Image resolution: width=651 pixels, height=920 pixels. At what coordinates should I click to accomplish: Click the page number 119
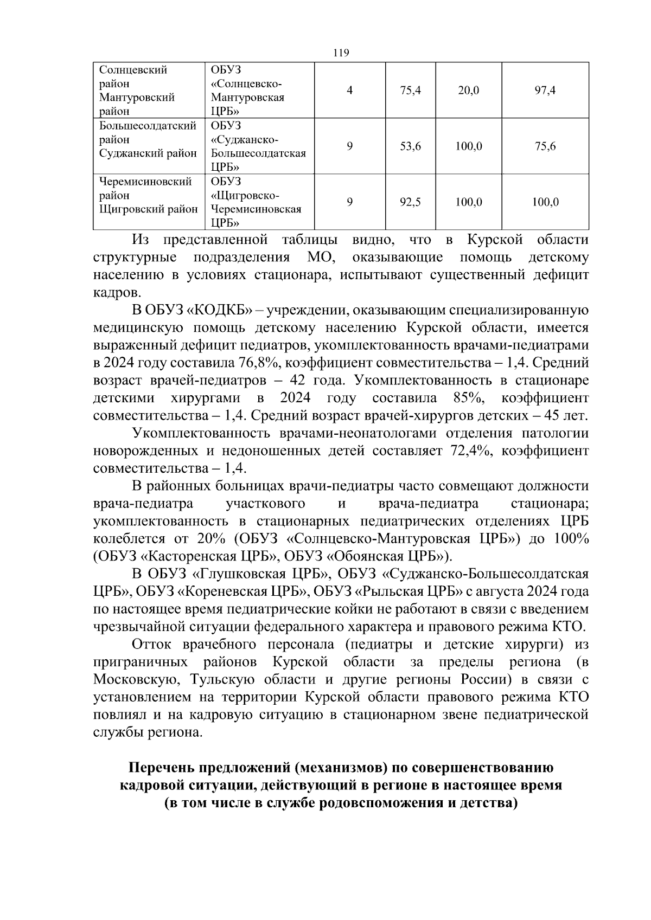click(341, 53)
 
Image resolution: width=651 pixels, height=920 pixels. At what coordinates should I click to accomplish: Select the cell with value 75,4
click(411, 91)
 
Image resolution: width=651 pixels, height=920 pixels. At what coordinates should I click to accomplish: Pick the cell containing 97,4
click(545, 91)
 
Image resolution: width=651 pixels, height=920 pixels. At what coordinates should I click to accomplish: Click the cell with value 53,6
click(411, 146)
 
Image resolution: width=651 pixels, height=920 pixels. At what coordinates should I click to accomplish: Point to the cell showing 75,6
click(545, 146)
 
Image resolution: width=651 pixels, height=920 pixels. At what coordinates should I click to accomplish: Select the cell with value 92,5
click(411, 202)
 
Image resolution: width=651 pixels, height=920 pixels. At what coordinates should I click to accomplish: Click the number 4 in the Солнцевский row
click(350, 91)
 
